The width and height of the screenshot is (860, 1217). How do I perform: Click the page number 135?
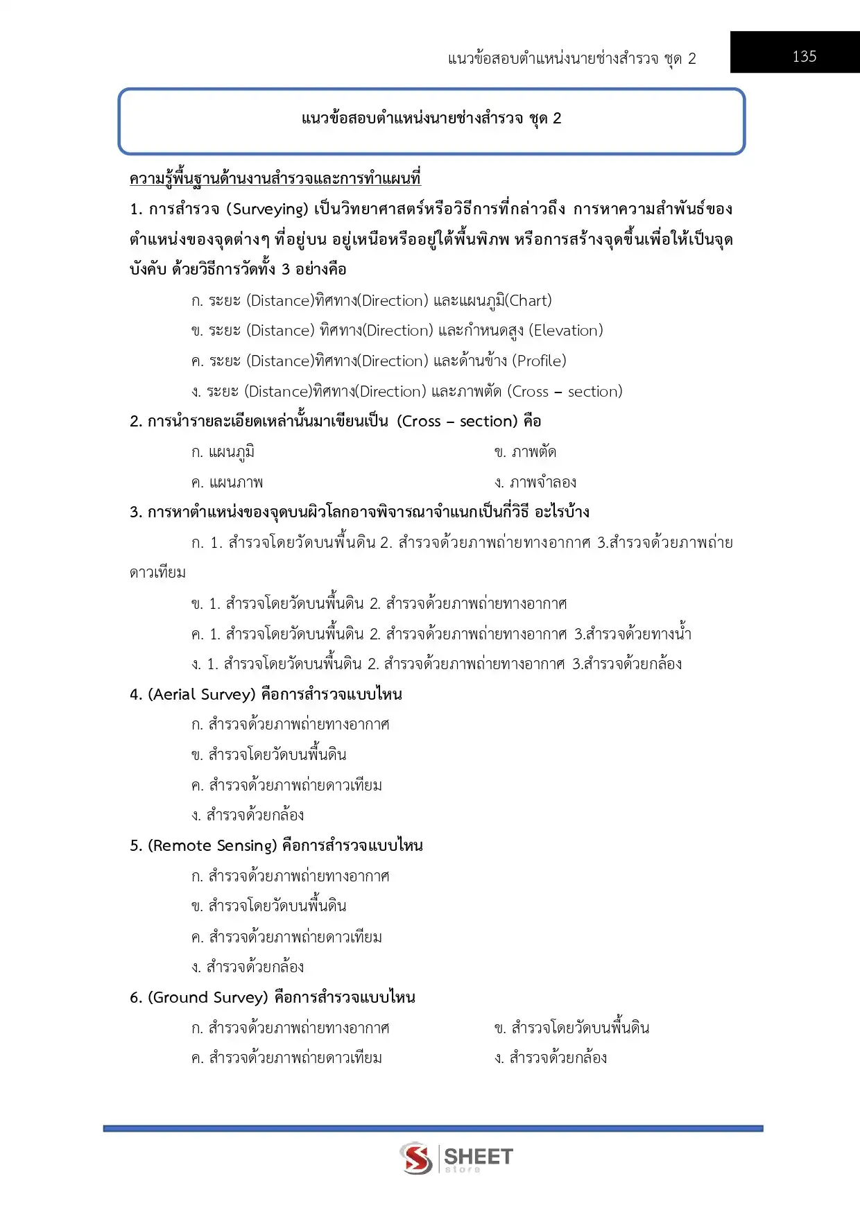coord(804,56)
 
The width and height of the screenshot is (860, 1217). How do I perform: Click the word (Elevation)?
coord(566,330)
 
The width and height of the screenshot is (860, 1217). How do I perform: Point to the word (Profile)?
coord(539,361)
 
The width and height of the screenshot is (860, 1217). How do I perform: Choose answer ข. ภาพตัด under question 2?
coord(525,452)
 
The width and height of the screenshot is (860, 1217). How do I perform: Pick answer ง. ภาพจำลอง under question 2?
coord(535,482)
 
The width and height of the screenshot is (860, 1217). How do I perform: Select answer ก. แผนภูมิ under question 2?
coord(223,452)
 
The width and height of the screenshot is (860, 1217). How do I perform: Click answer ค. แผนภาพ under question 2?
coord(227,482)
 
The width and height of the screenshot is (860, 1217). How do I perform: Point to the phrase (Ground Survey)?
coord(208,997)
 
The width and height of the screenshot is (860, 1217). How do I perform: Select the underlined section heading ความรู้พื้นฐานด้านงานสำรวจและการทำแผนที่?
coord(275,178)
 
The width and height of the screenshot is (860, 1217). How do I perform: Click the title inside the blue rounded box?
coord(431,119)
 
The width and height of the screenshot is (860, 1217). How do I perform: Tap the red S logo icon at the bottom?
coord(415,1157)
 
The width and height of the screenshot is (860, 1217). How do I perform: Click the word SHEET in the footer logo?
coord(478,1156)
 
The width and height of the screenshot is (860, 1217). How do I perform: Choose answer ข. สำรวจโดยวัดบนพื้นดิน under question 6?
coord(571,1028)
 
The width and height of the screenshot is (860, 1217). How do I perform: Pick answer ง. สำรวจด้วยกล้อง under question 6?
coord(551,1058)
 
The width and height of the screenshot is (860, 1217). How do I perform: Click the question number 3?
coord(135,512)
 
